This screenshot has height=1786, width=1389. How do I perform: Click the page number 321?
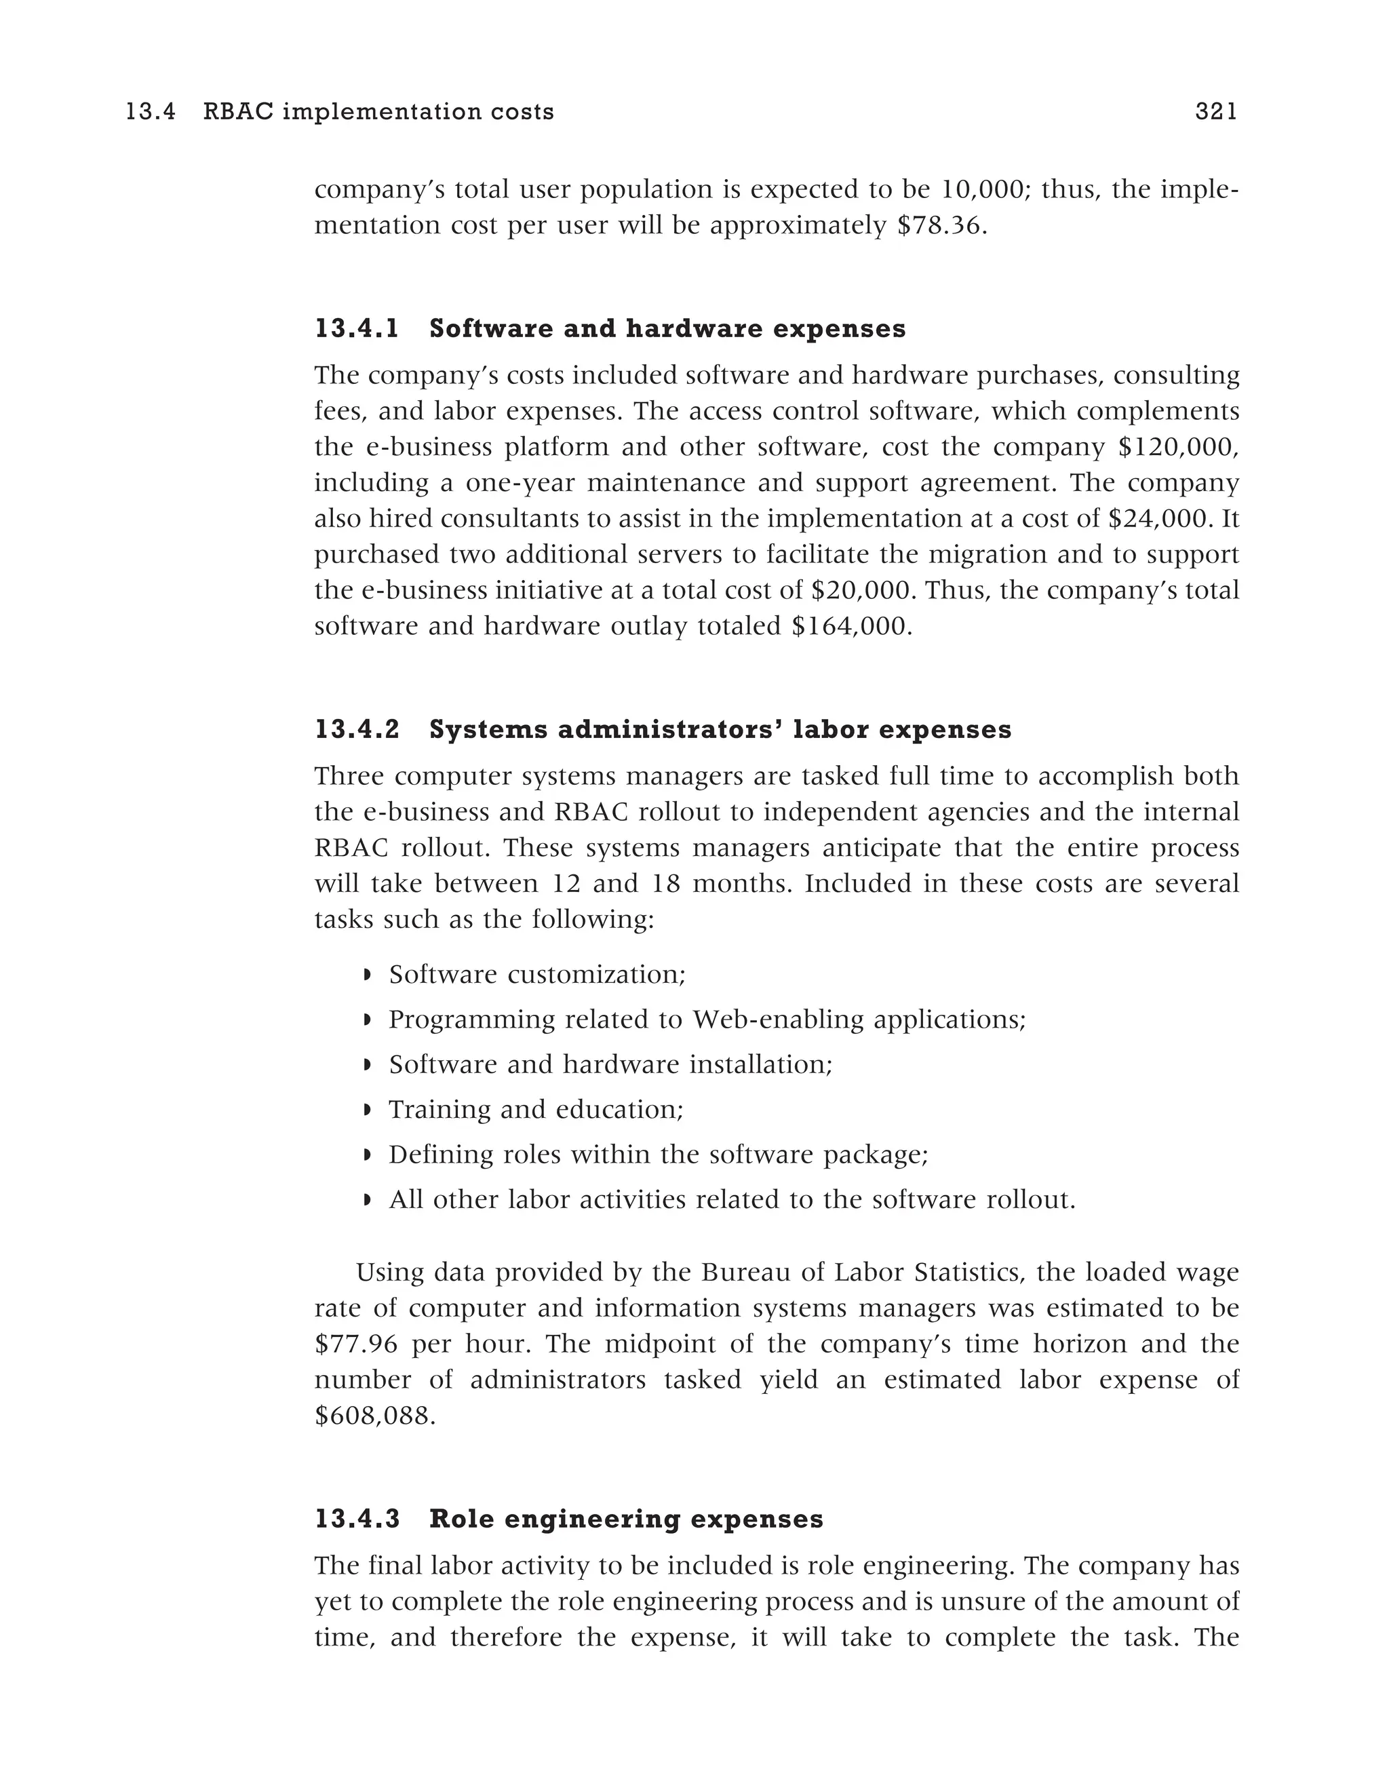[1215, 112]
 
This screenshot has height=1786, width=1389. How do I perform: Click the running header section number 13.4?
[151, 112]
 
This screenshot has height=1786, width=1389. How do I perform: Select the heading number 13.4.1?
[357, 329]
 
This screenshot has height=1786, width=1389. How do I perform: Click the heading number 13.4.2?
[357, 729]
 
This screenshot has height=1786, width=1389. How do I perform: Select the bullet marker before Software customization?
[367, 975]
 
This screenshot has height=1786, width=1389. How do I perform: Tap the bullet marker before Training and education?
[367, 1110]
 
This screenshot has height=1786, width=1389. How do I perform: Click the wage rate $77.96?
[355, 1344]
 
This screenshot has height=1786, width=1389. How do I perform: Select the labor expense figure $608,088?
[374, 1416]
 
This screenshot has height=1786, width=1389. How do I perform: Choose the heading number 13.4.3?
[357, 1519]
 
